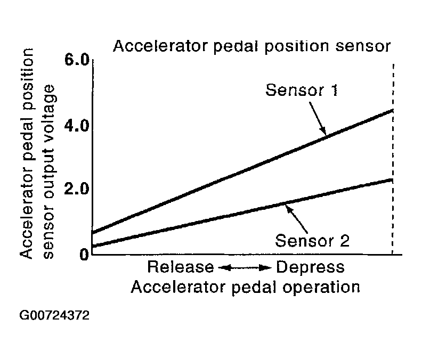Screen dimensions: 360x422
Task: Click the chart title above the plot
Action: [252, 47]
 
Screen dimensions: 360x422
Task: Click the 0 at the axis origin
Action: [83, 253]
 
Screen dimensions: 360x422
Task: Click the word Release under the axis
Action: [181, 266]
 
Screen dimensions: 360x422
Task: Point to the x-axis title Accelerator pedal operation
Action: [245, 287]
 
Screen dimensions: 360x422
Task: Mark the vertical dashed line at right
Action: [393, 160]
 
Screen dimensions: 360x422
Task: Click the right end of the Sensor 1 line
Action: [392, 111]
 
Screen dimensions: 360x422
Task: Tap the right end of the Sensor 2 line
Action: [392, 180]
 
